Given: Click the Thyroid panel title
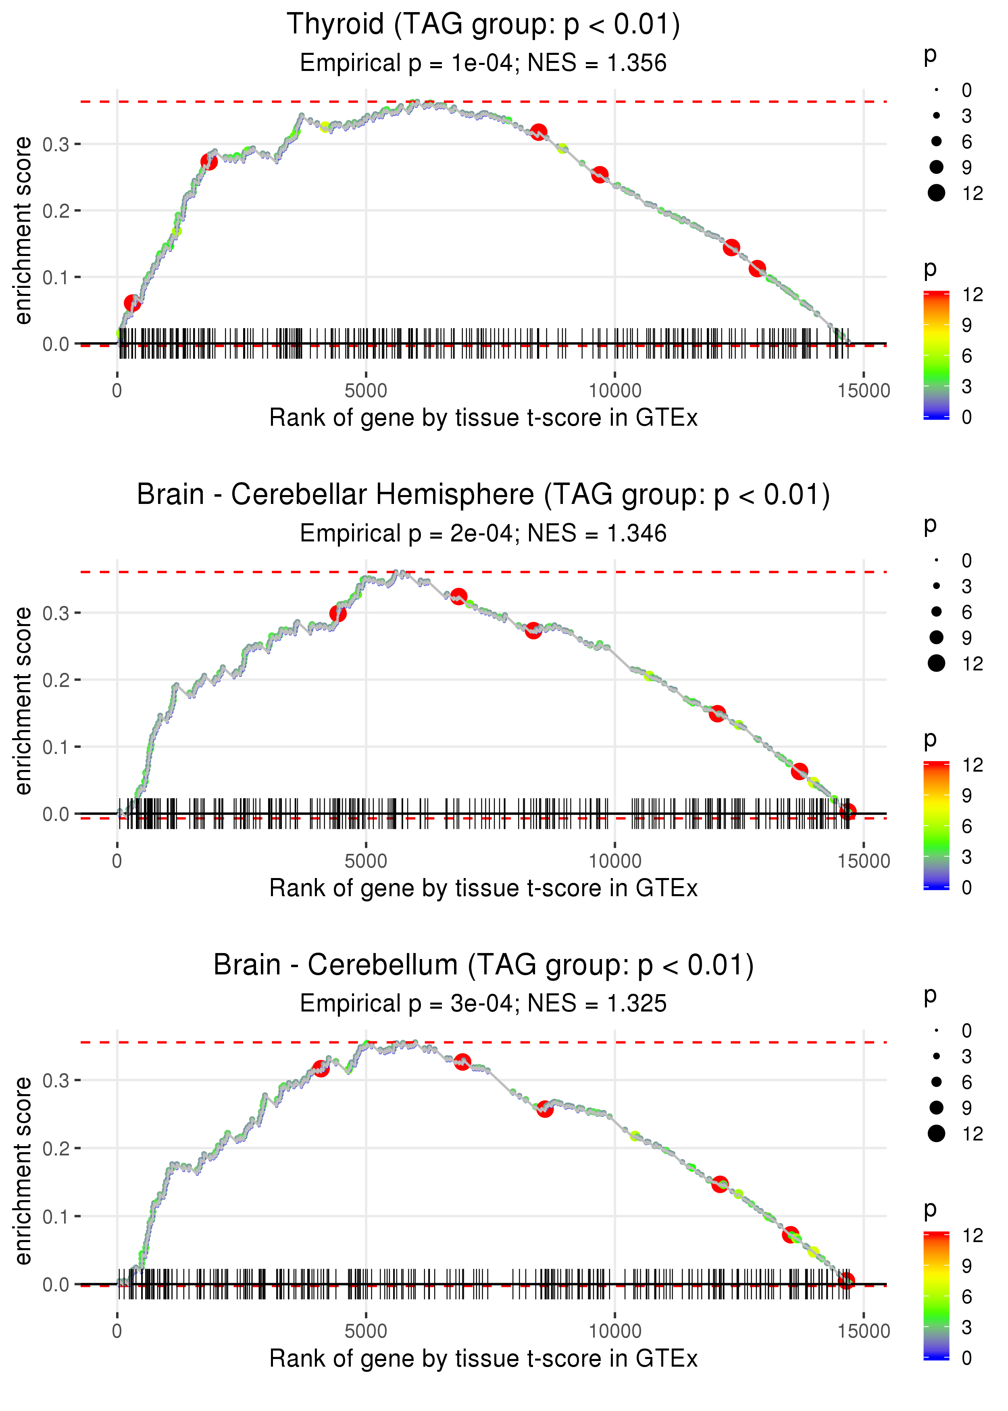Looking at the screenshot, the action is [x=483, y=25].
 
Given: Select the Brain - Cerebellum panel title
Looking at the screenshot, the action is [x=483, y=966].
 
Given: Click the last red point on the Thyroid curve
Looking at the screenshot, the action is [x=757, y=268].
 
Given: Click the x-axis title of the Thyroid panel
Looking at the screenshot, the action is [x=483, y=418].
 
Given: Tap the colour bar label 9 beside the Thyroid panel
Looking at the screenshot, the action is [x=966, y=325].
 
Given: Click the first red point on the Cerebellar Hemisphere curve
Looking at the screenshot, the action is [x=337, y=614].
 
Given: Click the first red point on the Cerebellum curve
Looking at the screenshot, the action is [x=321, y=1068].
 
